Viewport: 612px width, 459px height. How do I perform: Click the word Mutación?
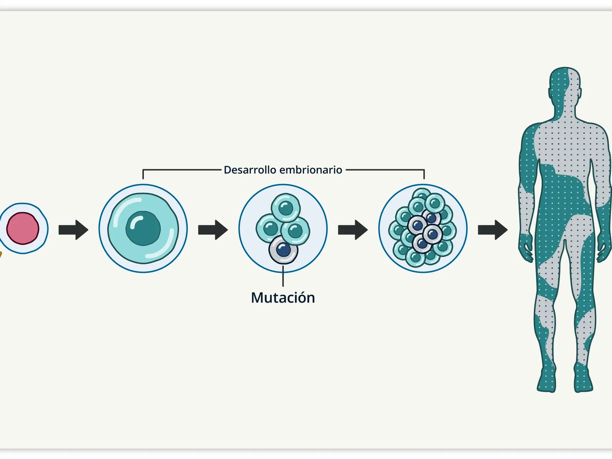tap(283, 298)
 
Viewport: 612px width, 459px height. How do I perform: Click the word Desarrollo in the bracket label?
tap(249, 170)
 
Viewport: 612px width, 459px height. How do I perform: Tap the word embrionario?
tap(310, 170)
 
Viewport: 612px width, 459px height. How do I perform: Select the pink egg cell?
tap(23, 228)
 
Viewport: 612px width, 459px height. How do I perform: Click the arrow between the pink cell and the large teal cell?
tap(73, 230)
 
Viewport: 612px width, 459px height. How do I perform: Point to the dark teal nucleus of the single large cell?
tap(143, 228)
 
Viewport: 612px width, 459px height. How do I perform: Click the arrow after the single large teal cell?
tap(213, 230)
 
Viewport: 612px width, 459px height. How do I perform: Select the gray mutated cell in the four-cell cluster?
tap(283, 250)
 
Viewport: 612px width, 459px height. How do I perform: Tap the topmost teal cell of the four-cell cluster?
tap(286, 208)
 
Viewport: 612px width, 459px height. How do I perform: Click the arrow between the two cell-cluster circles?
tap(353, 230)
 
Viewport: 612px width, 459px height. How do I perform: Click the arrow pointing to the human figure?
tap(493, 230)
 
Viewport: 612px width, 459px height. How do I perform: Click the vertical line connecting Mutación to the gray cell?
tap(283, 276)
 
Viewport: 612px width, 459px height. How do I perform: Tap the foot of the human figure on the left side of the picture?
tap(546, 382)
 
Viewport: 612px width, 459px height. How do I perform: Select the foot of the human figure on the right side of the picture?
tap(584, 382)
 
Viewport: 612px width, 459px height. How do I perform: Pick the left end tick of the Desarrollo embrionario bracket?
tap(143, 174)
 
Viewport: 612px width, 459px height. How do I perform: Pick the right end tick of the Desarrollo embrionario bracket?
tap(424, 174)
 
